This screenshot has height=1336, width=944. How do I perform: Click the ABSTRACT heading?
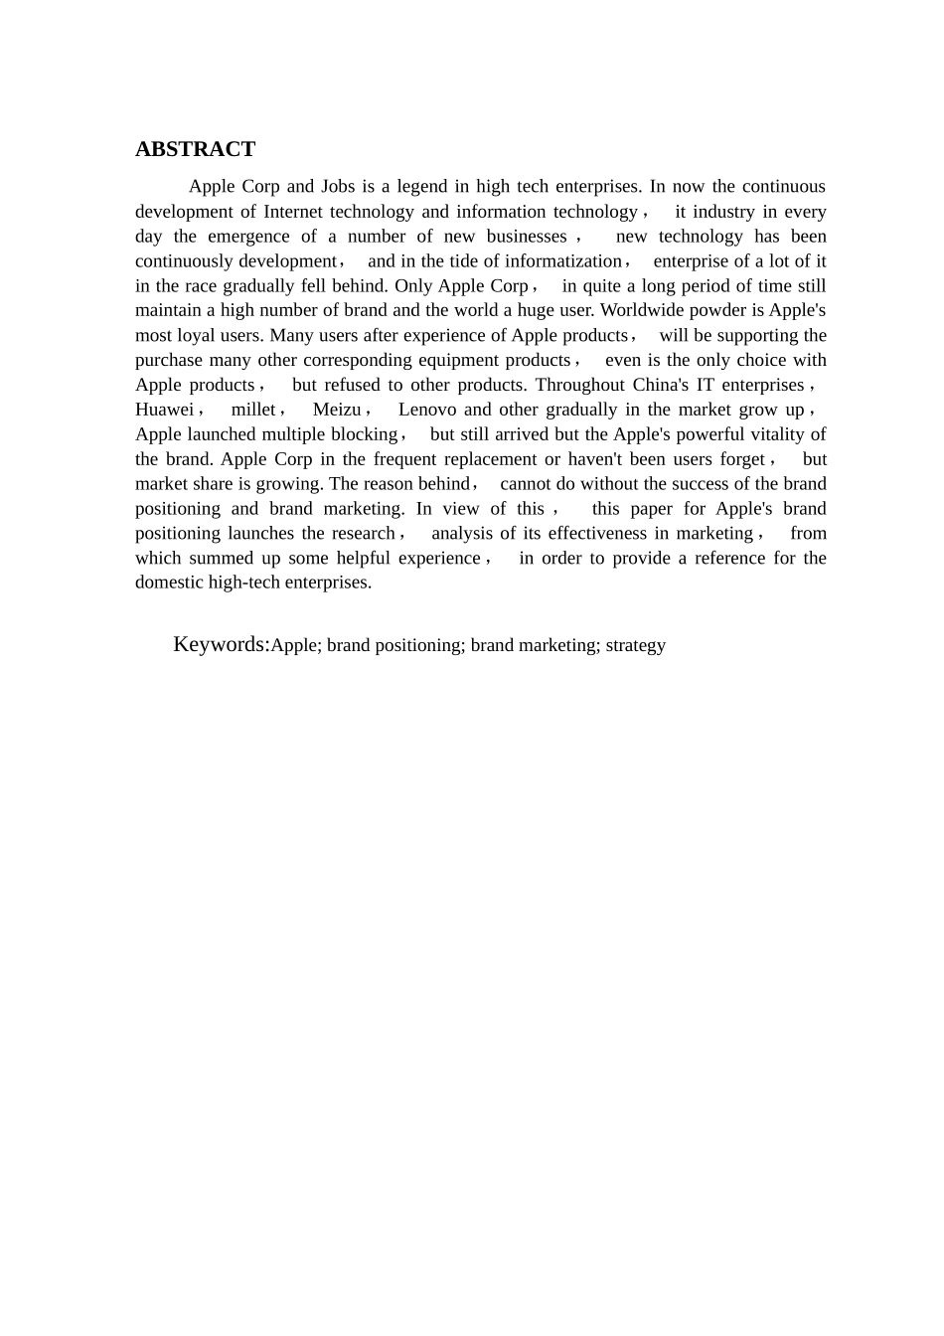click(195, 149)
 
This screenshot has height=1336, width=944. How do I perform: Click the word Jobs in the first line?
click(338, 186)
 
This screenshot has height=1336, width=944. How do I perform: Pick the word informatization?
click(562, 260)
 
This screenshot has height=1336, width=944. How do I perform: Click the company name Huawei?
click(164, 410)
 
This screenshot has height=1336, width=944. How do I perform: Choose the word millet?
click(253, 410)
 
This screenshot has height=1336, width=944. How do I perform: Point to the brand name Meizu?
click(337, 410)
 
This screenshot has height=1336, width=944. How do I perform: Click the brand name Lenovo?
click(427, 410)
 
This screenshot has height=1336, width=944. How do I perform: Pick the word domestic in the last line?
click(170, 583)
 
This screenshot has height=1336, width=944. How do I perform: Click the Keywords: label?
click(222, 644)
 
